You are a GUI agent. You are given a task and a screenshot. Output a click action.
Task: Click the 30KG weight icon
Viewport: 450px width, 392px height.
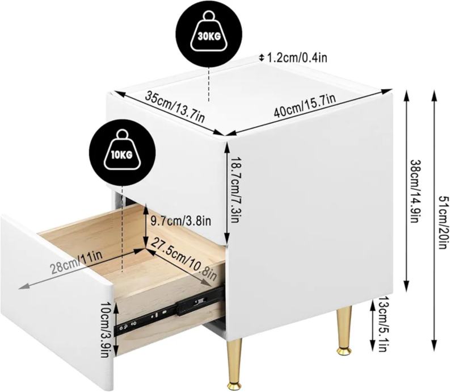(209, 34)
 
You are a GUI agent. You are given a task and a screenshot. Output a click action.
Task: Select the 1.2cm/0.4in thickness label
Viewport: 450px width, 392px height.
(297, 58)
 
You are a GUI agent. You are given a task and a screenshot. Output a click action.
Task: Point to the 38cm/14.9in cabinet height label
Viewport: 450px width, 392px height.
(414, 191)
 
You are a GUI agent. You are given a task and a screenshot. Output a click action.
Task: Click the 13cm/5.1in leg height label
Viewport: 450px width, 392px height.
(382, 324)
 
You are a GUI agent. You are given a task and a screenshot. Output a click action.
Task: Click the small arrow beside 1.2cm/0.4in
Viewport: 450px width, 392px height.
(261, 57)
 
